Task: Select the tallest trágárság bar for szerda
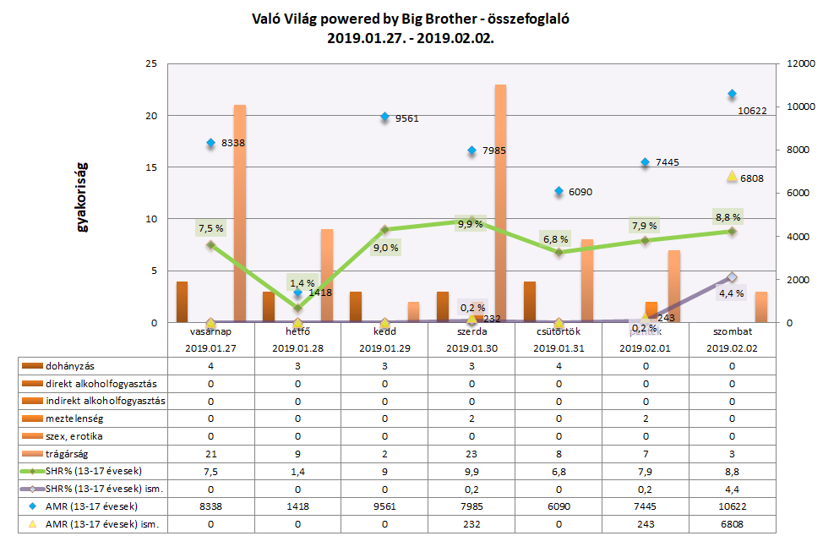(x=500, y=203)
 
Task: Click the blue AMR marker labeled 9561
(x=384, y=117)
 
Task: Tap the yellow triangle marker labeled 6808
(x=732, y=176)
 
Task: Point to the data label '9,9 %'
(x=470, y=224)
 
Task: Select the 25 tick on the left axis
(x=153, y=63)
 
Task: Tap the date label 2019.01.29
(x=384, y=347)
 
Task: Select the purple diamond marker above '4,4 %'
(x=732, y=277)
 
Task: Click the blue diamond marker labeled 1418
(x=297, y=293)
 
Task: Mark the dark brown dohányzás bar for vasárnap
(x=182, y=302)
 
